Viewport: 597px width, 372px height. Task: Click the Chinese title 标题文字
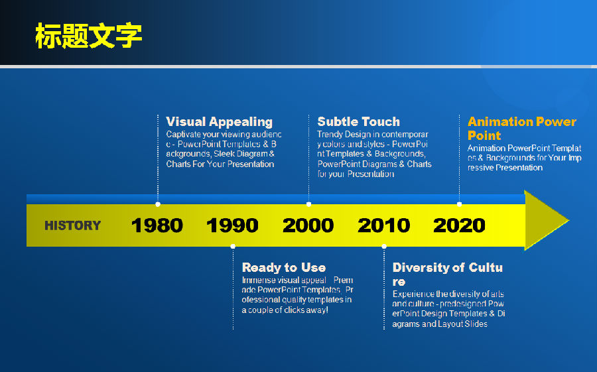(x=89, y=36)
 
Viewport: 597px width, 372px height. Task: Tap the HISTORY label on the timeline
(x=73, y=225)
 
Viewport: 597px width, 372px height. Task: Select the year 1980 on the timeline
(x=157, y=225)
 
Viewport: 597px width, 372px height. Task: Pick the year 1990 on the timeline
(x=232, y=225)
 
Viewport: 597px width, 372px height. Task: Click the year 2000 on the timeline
(x=308, y=225)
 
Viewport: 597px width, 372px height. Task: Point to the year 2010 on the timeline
(x=384, y=225)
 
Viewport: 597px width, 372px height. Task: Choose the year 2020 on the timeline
(x=459, y=225)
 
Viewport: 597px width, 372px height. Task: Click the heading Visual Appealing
(x=220, y=122)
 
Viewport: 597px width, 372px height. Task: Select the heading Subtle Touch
(x=359, y=121)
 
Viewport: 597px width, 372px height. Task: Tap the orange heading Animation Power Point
(x=521, y=129)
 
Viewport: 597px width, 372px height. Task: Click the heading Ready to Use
(x=284, y=267)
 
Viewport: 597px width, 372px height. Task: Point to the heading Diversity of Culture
(x=447, y=274)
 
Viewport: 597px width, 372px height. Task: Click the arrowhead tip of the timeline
(x=569, y=220)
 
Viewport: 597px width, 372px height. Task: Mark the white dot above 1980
(x=158, y=204)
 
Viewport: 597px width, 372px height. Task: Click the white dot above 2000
(x=308, y=204)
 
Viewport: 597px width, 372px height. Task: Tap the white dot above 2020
(x=459, y=204)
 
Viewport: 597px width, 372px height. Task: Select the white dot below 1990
(x=233, y=247)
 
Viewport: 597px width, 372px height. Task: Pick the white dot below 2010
(x=384, y=247)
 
